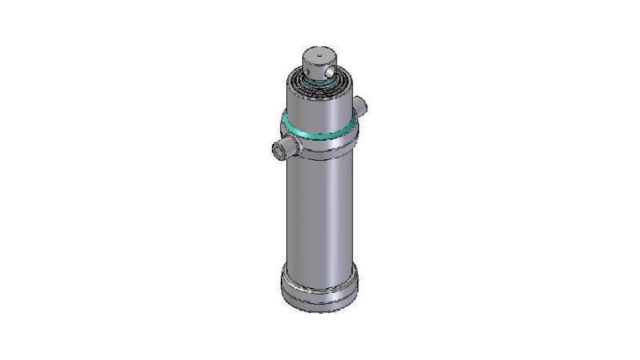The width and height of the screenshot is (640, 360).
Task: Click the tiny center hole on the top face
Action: click(320, 55)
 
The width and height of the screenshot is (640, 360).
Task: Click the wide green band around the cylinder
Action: click(319, 130)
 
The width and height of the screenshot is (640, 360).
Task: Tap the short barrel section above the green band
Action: click(319, 108)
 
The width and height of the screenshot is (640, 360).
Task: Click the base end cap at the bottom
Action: click(319, 292)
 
